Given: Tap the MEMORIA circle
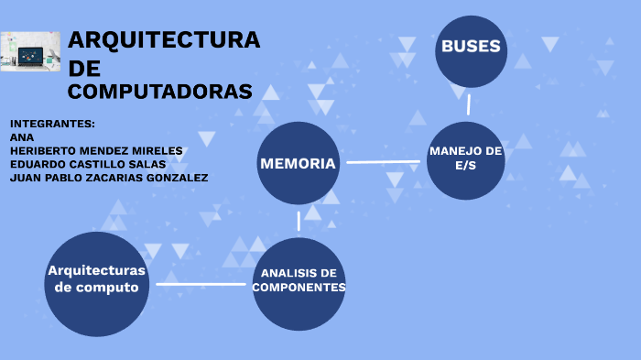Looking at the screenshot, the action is click(299, 163).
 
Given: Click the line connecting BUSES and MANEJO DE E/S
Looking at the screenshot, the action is click(469, 104).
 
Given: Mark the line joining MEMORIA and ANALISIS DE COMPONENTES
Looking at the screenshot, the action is click(299, 221).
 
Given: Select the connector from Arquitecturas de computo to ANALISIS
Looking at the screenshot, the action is click(201, 284).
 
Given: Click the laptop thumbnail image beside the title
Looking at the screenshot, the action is click(30, 51).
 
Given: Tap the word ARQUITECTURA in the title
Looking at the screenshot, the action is click(164, 40).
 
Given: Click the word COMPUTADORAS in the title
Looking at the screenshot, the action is click(160, 92).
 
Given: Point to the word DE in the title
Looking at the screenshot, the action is click(85, 68).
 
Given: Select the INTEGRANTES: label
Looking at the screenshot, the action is click(52, 124).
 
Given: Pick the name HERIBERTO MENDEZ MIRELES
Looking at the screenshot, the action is click(96, 150).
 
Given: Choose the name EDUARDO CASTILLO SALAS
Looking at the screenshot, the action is click(88, 164).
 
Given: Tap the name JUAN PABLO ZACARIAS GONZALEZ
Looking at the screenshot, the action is click(109, 178).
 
